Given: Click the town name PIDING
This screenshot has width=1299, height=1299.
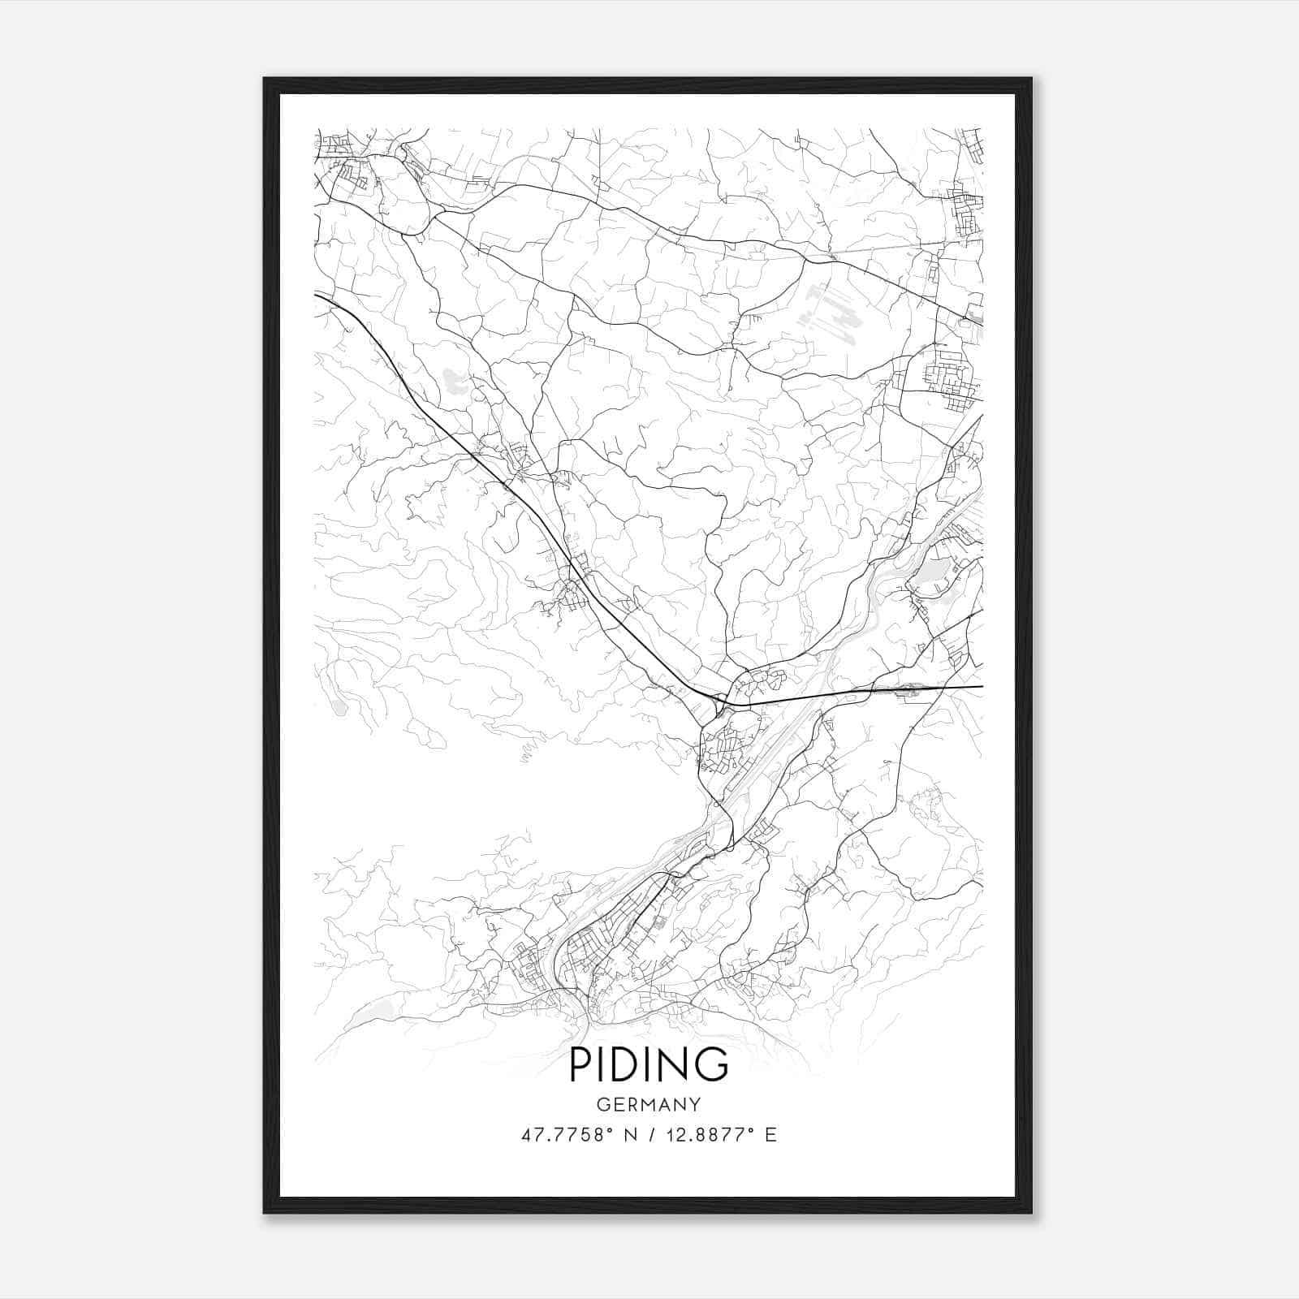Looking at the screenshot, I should (649, 1064).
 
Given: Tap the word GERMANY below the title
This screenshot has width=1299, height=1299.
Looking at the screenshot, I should (649, 1105).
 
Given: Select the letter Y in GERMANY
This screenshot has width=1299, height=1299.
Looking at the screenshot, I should (694, 1105).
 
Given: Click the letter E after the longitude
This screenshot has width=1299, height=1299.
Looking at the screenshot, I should (770, 1134).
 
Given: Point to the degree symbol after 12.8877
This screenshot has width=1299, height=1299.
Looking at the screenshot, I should (754, 1129).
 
